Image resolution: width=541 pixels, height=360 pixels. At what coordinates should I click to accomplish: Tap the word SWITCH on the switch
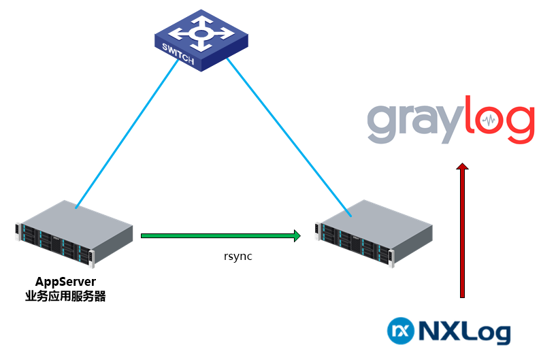(x=178, y=55)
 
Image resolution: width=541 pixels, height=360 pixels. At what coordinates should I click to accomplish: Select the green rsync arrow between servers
(x=218, y=236)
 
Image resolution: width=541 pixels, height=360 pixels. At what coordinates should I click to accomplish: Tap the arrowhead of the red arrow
(x=463, y=167)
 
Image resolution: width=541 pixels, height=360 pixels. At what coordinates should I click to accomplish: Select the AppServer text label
(x=65, y=282)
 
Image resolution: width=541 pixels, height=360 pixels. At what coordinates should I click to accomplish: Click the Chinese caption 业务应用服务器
(x=65, y=296)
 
